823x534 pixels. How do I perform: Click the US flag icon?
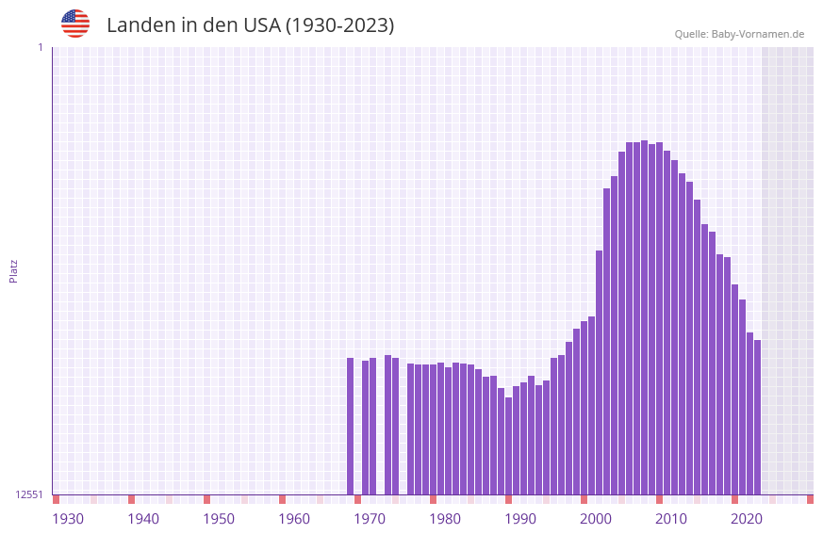click(x=75, y=24)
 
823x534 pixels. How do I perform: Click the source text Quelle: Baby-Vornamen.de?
click(x=739, y=34)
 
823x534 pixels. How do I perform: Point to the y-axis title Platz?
click(x=13, y=270)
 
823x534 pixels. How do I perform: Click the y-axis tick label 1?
click(x=40, y=47)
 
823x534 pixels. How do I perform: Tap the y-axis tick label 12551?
click(x=29, y=494)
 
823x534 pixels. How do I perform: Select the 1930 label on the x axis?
click(x=68, y=519)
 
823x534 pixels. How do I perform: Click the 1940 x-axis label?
click(x=143, y=519)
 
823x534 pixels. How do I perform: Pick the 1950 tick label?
click(x=219, y=519)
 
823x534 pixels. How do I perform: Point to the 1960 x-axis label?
click(x=294, y=519)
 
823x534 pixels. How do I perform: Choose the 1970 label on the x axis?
click(x=370, y=519)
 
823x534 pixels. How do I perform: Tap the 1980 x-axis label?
click(x=445, y=519)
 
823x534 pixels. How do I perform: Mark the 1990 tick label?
click(x=520, y=519)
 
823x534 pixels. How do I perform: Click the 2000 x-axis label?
click(x=596, y=519)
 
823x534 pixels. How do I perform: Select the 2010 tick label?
click(x=671, y=519)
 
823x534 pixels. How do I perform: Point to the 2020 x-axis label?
click(x=747, y=519)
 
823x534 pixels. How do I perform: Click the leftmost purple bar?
click(x=351, y=426)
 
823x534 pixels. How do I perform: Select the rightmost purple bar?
click(x=757, y=416)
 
